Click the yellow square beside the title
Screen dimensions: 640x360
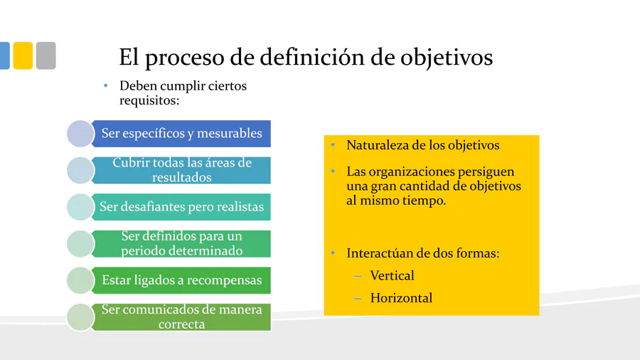click(23, 55)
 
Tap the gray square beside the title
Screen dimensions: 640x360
click(46, 55)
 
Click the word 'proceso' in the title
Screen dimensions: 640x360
click(184, 58)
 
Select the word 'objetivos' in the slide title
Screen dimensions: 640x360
click(447, 57)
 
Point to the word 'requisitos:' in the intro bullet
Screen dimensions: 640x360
click(149, 100)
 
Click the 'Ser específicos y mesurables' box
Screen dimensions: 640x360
click(181, 134)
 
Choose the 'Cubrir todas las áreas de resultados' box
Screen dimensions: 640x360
click(181, 170)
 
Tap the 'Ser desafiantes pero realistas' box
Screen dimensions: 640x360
click(181, 207)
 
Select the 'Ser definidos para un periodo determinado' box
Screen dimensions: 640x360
click(181, 243)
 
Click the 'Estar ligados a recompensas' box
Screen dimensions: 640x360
click(181, 280)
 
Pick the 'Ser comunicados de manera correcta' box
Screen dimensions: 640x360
click(181, 317)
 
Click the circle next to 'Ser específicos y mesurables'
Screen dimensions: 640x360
click(80, 134)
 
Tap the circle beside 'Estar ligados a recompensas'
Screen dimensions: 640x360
click(80, 280)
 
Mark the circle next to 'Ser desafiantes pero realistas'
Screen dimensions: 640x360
click(80, 207)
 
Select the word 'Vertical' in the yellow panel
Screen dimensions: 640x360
click(393, 275)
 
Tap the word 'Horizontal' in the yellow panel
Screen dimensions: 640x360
click(401, 298)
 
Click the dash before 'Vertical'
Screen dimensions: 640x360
click(358, 276)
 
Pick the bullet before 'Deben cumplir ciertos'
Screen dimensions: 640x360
click(106, 85)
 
